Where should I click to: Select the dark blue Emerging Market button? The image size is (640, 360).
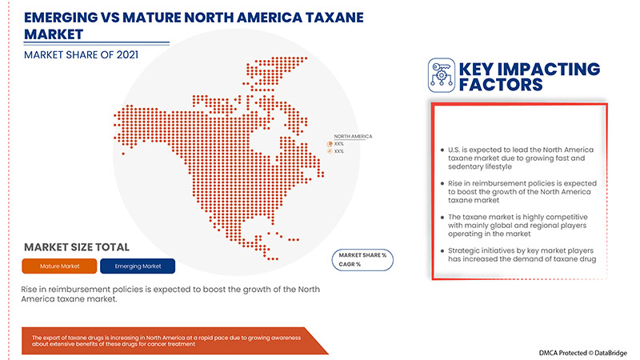click(x=139, y=266)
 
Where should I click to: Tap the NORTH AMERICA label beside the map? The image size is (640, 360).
click(x=353, y=137)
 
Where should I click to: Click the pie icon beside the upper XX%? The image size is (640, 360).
click(x=329, y=144)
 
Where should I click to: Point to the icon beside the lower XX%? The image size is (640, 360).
click(x=329, y=151)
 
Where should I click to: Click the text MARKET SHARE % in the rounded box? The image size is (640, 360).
click(x=364, y=254)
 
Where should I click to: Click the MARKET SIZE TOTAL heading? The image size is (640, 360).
click(x=77, y=247)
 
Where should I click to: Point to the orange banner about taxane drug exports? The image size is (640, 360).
click(x=168, y=341)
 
